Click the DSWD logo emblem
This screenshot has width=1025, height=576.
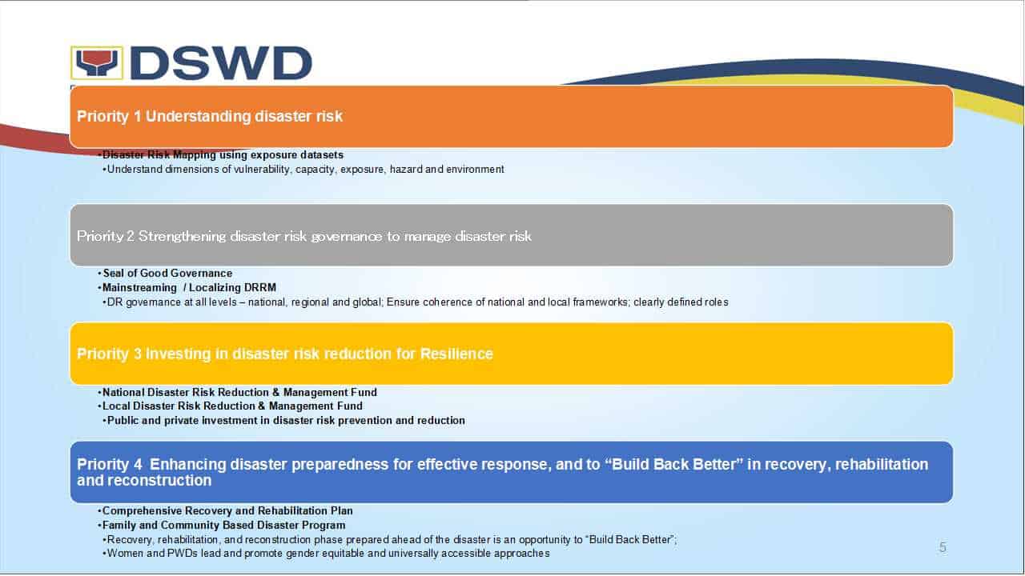tap(97, 62)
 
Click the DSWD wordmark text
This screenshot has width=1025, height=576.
tap(222, 63)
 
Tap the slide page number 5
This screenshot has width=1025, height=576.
tap(943, 547)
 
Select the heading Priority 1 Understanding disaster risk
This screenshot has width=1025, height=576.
tap(210, 116)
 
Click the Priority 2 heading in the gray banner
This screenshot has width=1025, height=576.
tap(303, 236)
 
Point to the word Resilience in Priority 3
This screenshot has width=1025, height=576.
tap(456, 354)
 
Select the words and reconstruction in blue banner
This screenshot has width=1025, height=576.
tap(144, 481)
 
